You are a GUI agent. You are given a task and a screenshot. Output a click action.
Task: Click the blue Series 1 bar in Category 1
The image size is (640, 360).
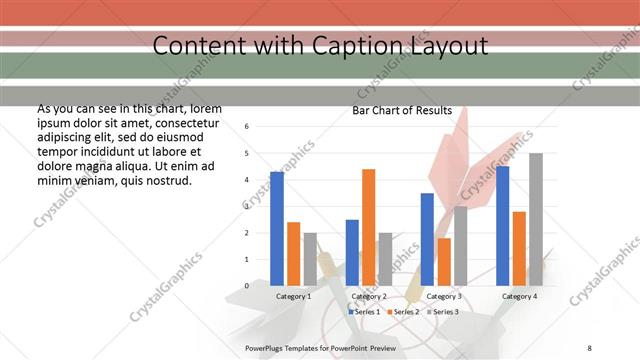point(276,229)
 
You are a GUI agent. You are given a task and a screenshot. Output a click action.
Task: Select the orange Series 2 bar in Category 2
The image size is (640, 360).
point(368,227)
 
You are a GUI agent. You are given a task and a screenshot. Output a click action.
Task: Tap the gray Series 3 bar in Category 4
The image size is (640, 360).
point(536,219)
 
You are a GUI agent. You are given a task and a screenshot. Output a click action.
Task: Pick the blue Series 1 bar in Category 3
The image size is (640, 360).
point(427,239)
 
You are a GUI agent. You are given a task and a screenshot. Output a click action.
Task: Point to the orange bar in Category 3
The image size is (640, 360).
point(444,262)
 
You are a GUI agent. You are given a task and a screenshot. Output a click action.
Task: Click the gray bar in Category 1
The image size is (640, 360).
point(310,259)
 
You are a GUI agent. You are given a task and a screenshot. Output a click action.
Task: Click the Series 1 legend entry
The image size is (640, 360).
point(364,312)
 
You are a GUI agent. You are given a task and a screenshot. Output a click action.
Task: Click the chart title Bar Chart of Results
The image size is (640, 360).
point(402,111)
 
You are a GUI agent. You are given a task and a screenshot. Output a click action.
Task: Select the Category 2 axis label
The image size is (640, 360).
point(369,296)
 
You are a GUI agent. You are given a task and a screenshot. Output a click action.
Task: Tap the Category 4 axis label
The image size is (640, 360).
point(519,296)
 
